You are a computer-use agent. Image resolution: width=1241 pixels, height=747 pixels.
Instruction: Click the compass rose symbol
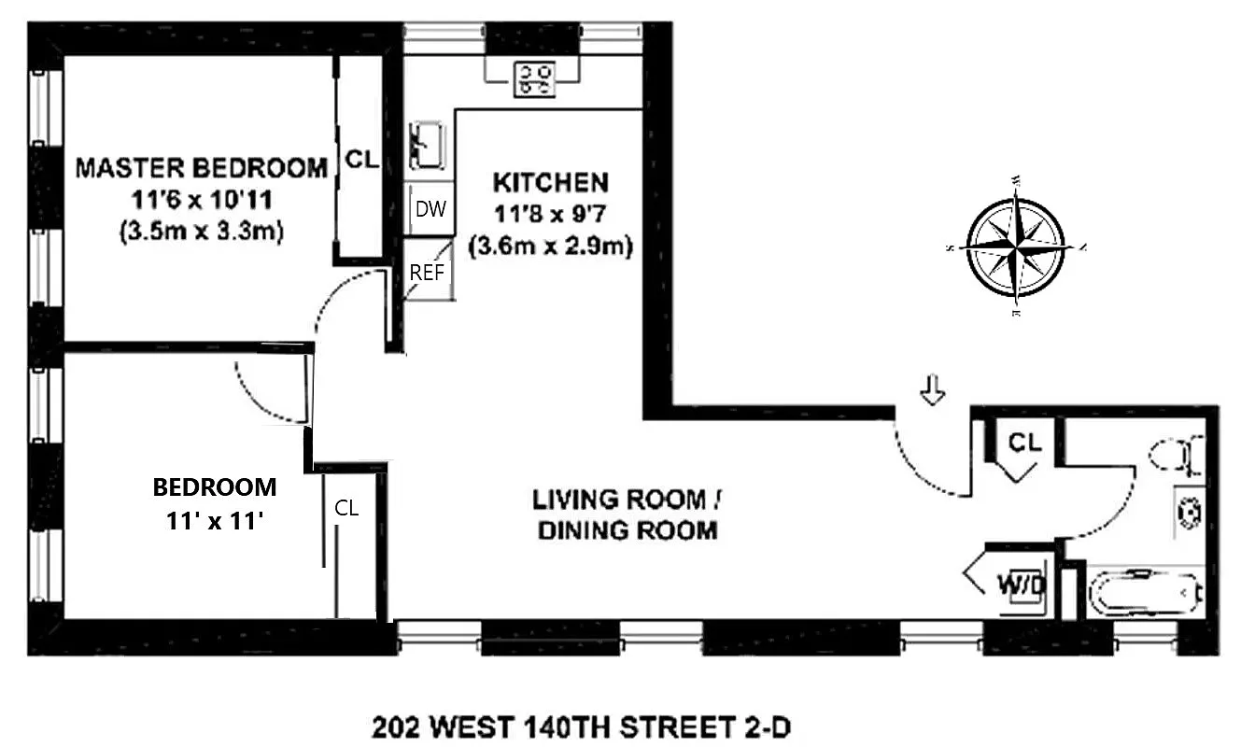(1015, 247)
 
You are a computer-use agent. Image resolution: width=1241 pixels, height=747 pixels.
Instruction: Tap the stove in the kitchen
(535, 78)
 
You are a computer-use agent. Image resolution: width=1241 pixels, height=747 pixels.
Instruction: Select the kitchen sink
(427, 145)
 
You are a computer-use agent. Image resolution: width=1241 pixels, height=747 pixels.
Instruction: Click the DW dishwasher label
(430, 209)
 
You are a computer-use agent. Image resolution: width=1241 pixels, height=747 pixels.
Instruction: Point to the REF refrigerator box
(428, 273)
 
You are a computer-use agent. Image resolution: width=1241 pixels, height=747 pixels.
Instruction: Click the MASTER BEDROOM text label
(202, 168)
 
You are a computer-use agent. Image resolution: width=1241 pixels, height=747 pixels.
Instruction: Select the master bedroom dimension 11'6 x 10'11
(202, 200)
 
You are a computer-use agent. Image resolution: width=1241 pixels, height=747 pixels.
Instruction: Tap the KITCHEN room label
(550, 181)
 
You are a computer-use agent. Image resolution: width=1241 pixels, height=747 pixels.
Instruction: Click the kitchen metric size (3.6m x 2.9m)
(550, 247)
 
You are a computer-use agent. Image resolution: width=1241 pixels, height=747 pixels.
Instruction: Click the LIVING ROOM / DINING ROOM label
(627, 514)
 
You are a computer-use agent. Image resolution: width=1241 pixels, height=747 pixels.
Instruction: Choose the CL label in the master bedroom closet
(361, 160)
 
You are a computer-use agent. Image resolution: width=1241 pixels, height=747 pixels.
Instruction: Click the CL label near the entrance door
(1024, 442)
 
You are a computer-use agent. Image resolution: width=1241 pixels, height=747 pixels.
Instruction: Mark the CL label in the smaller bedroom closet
(346, 509)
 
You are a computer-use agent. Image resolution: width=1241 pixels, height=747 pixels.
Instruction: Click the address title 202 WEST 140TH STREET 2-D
(587, 725)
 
